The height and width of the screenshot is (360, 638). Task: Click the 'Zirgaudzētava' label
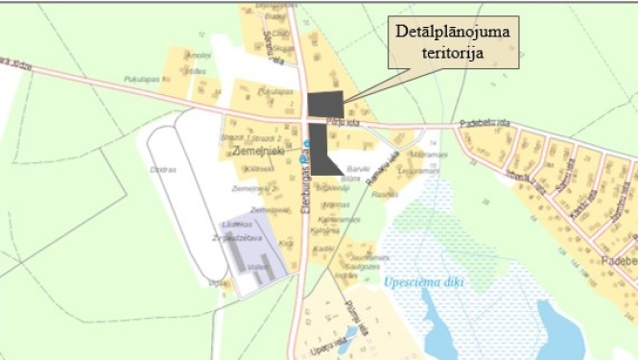237,232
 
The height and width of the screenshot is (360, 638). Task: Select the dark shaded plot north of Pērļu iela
326,102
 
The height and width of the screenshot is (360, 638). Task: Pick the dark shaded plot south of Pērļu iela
322,151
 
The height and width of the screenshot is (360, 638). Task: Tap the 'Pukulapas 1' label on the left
141,78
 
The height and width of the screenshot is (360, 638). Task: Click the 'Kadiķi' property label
323,248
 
